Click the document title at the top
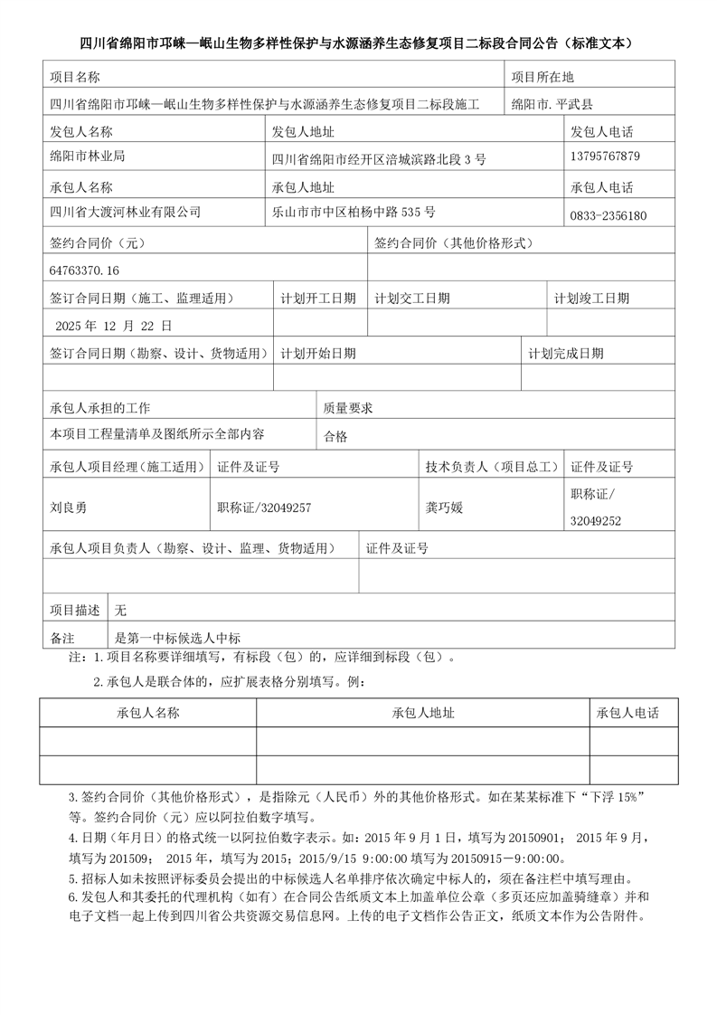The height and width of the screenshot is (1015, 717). coord(358,43)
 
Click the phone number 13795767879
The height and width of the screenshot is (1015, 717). coord(605,157)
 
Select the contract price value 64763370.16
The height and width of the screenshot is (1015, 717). coord(85,270)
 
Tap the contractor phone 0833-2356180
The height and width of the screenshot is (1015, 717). coord(608,215)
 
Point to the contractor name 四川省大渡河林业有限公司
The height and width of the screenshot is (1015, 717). coord(126,213)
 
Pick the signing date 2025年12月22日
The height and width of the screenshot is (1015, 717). coord(113,325)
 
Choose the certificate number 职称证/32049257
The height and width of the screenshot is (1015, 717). coord(264,507)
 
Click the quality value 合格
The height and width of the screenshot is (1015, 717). coord(335,436)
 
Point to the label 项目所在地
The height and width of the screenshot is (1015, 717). coord(542,77)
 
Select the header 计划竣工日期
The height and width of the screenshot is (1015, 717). coord(591,298)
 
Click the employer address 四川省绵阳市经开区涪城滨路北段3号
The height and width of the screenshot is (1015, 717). coord(379,159)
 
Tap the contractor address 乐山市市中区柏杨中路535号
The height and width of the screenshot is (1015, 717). coord(354,213)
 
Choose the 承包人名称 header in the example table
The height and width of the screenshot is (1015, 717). coord(148,713)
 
